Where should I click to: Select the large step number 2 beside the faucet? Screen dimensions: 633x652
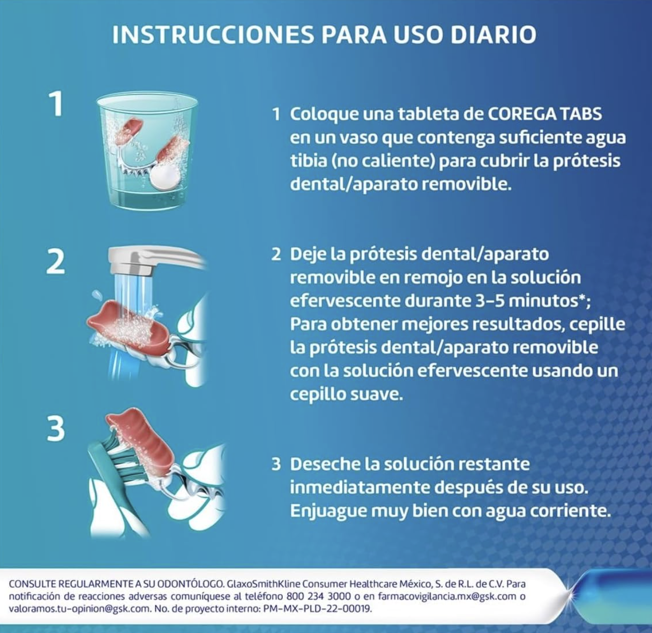pos(56,263)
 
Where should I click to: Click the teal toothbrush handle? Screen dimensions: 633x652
pos(103,478)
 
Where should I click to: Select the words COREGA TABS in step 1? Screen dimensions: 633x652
pos(545,114)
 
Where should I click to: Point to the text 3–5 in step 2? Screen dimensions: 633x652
pos(493,300)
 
